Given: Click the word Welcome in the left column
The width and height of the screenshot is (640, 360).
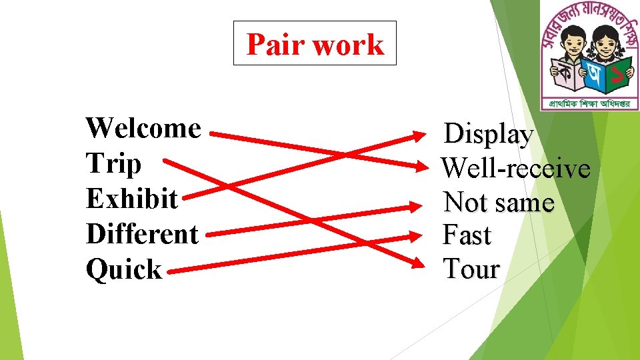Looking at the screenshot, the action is [143, 128].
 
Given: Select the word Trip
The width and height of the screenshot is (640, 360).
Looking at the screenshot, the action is [113, 163].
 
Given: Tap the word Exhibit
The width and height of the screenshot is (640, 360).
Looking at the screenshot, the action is [132, 199].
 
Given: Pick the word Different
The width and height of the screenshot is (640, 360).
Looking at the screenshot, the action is [142, 234].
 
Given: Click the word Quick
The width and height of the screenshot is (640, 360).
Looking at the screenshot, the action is [124, 269].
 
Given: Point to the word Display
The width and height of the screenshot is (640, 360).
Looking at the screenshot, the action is [489, 135].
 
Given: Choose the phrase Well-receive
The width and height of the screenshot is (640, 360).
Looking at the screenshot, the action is [516, 168].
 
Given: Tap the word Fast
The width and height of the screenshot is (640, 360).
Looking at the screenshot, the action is [467, 235].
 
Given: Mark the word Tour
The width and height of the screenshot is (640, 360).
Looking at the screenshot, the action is [471, 269].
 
